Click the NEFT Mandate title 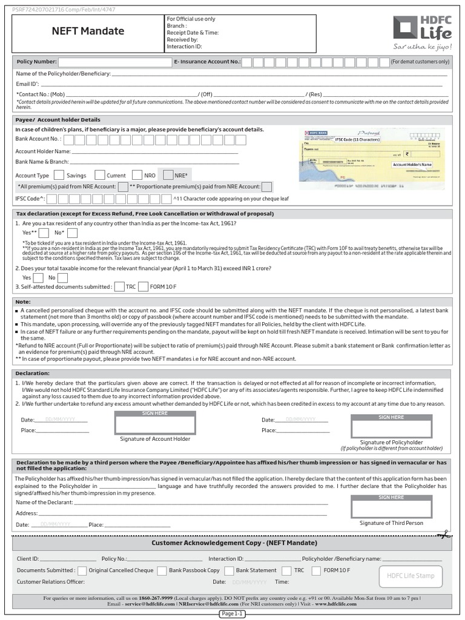coord(88,31)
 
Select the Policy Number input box coord(115,62)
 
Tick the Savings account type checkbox coord(59,175)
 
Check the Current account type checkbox coord(100,175)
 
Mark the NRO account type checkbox coord(137,175)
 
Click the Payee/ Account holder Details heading coord(58,120)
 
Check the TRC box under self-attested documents coord(119,286)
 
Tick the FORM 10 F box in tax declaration coord(143,286)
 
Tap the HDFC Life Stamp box coord(411,576)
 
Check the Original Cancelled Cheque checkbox coord(82,570)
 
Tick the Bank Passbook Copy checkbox coord(162,570)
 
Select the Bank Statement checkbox coord(229,570)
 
